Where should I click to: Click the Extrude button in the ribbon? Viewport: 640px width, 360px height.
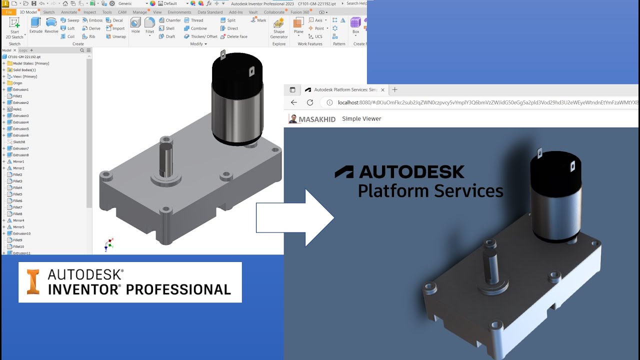pyautogui.click(x=36, y=24)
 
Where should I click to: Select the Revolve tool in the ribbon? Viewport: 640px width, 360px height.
pyautogui.click(x=51, y=24)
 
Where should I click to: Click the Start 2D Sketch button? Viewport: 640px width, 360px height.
pyautogui.click(x=14, y=27)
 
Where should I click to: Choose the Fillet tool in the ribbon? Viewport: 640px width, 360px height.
pyautogui.click(x=149, y=24)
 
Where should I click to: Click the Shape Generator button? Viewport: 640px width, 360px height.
pyautogui.click(x=279, y=27)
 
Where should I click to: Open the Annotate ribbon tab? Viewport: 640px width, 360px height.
pyautogui.click(x=69, y=12)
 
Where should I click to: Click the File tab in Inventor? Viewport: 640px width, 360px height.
pyautogui.click(x=9, y=12)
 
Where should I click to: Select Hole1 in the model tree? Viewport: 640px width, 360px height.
pyautogui.click(x=17, y=109)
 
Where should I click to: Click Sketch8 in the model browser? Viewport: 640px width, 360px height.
pyautogui.click(x=18, y=142)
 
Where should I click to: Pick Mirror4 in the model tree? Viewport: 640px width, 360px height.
pyautogui.click(x=18, y=220)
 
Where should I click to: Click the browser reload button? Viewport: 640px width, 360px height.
pyautogui.click(x=310, y=102)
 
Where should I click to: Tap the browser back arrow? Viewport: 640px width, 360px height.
pyautogui.click(x=294, y=102)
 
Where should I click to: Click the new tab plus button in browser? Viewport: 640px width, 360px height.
pyautogui.click(x=394, y=90)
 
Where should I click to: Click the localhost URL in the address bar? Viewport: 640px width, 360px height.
pyautogui.click(x=480, y=102)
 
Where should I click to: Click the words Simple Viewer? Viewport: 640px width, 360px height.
pyautogui.click(x=361, y=119)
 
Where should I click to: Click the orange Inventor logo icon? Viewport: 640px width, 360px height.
pyautogui.click(x=33, y=282)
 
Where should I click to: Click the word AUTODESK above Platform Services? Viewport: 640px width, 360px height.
pyautogui.click(x=411, y=172)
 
